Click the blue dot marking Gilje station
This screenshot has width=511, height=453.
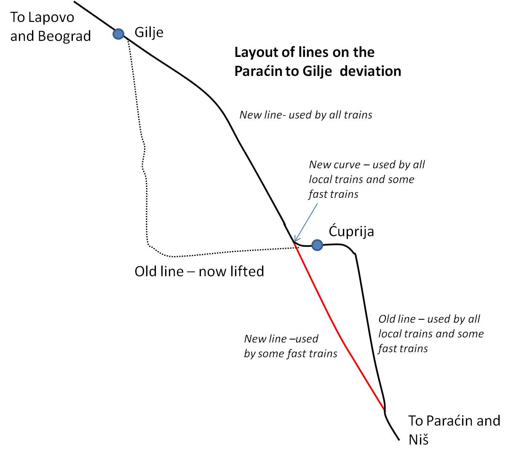point(118,34)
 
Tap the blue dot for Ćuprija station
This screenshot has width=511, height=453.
point(317,245)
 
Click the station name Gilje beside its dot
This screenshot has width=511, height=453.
point(149,33)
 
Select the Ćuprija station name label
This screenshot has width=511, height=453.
point(351,231)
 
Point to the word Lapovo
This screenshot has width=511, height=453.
point(51,18)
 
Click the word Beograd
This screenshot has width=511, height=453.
point(64,36)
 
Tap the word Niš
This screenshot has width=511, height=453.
point(418,440)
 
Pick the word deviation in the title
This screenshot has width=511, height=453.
point(370,71)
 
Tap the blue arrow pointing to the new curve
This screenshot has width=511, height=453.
point(306,223)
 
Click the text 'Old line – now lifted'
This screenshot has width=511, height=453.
point(199,272)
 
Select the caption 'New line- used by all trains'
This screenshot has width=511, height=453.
point(306,115)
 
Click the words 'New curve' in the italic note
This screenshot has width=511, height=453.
point(334,164)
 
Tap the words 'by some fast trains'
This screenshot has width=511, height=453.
point(291,353)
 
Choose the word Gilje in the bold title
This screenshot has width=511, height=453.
point(317,71)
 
